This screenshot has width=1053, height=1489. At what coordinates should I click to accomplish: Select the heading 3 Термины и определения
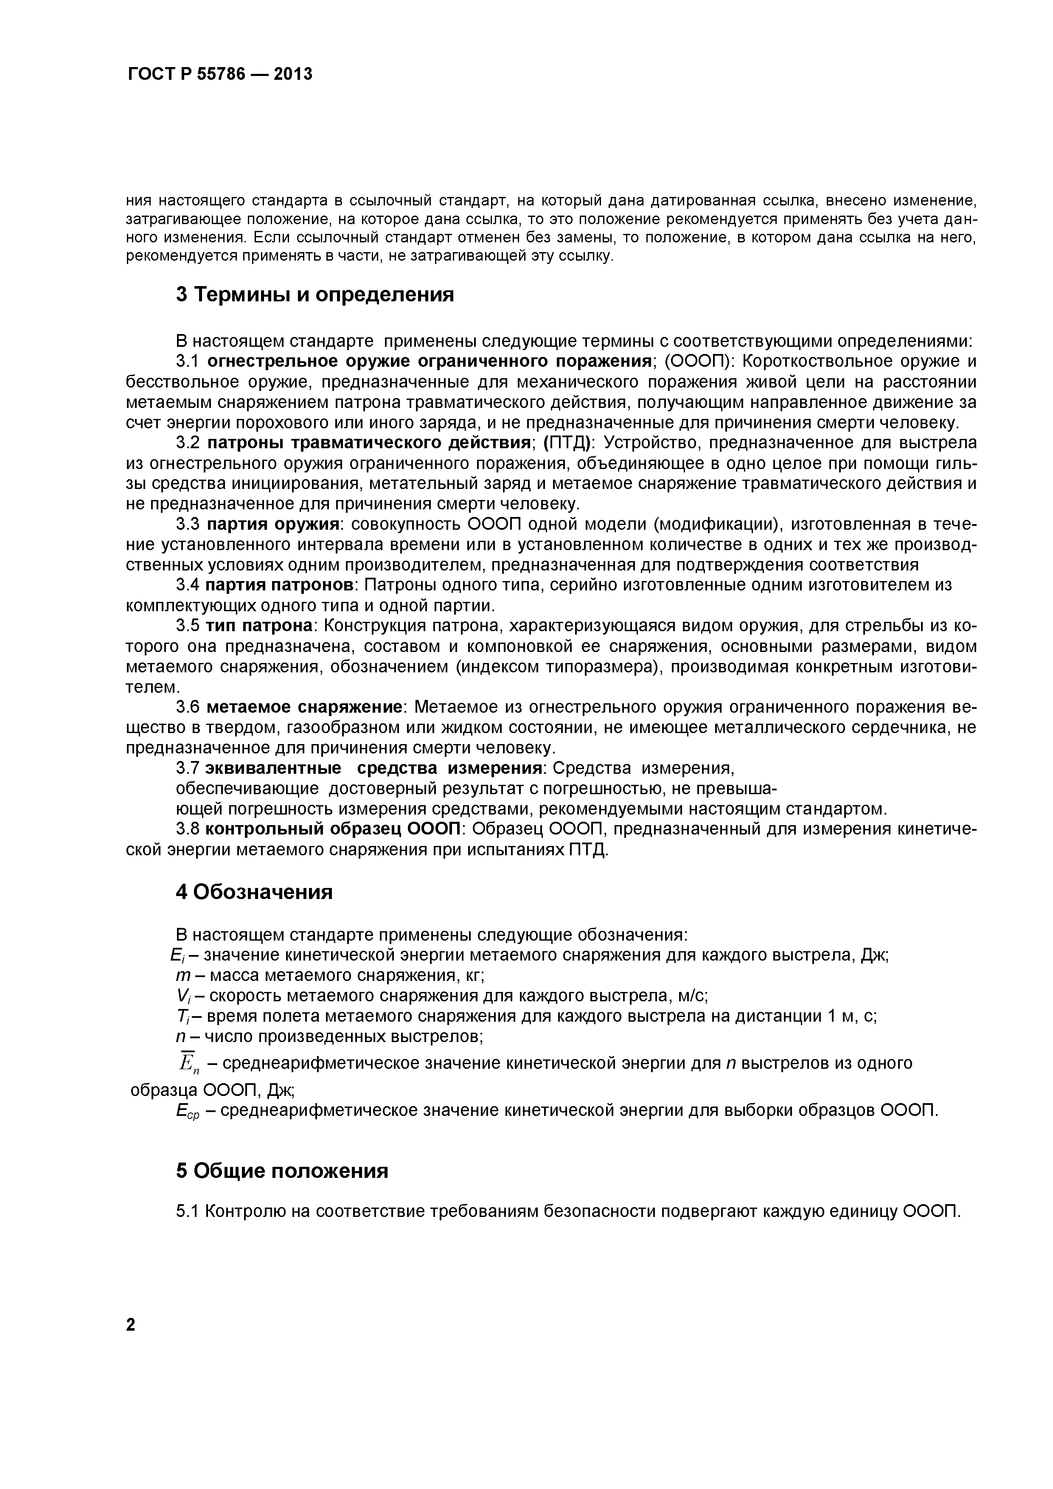[x=315, y=295]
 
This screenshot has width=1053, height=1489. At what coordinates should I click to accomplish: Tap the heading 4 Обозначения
[x=254, y=892]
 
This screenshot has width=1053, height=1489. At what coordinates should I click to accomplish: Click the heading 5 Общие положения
[x=282, y=1171]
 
